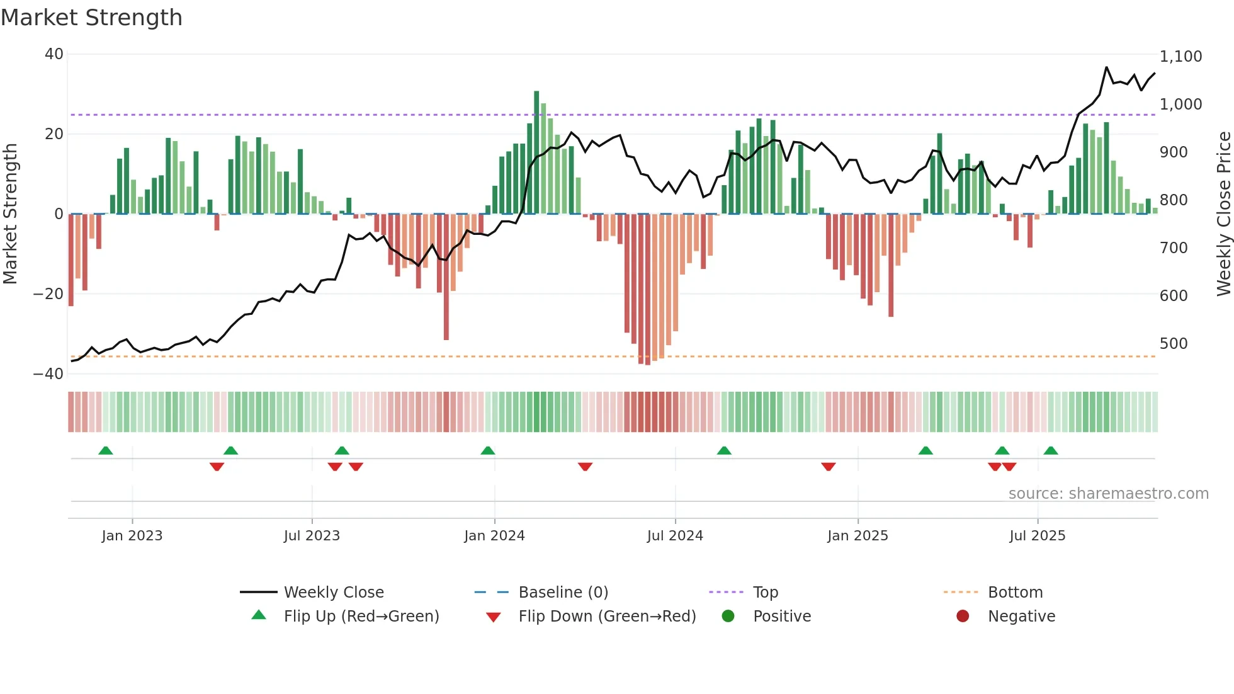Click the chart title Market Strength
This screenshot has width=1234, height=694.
tap(91, 18)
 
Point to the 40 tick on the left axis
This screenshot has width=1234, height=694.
tap(54, 54)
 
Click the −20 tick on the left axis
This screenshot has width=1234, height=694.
tap(49, 294)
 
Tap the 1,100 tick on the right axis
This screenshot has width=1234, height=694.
tap(1180, 57)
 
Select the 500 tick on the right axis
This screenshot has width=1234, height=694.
tap(1174, 344)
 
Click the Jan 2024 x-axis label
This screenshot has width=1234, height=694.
tap(494, 536)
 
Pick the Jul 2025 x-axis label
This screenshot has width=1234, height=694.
tap(1037, 536)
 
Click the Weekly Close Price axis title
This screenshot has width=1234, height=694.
tap(1223, 214)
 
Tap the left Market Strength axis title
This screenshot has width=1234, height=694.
tap(11, 214)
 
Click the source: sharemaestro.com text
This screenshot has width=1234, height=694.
tap(1108, 494)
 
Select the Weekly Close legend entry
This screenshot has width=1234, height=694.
tap(333, 593)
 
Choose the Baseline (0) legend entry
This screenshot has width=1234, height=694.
tap(563, 593)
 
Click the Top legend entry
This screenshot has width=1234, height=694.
tap(765, 593)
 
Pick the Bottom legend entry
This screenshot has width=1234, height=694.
tap(1015, 593)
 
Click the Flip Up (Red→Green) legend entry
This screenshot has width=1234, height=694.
tap(361, 617)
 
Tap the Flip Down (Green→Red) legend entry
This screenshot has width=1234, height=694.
tap(607, 617)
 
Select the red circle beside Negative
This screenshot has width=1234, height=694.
tap(963, 617)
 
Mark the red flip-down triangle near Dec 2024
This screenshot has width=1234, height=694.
tap(829, 467)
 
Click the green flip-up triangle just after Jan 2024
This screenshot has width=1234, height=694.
tap(488, 450)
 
